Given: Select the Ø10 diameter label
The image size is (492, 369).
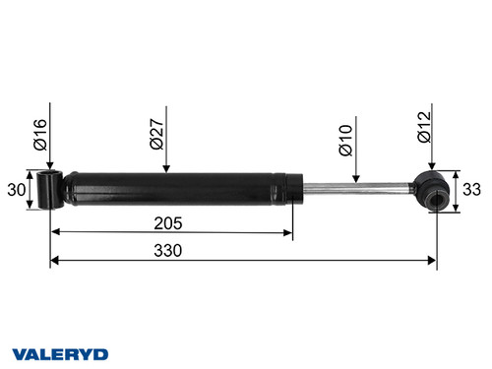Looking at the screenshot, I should pos(345,140).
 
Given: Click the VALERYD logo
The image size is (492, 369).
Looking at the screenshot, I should pos(61,352).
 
